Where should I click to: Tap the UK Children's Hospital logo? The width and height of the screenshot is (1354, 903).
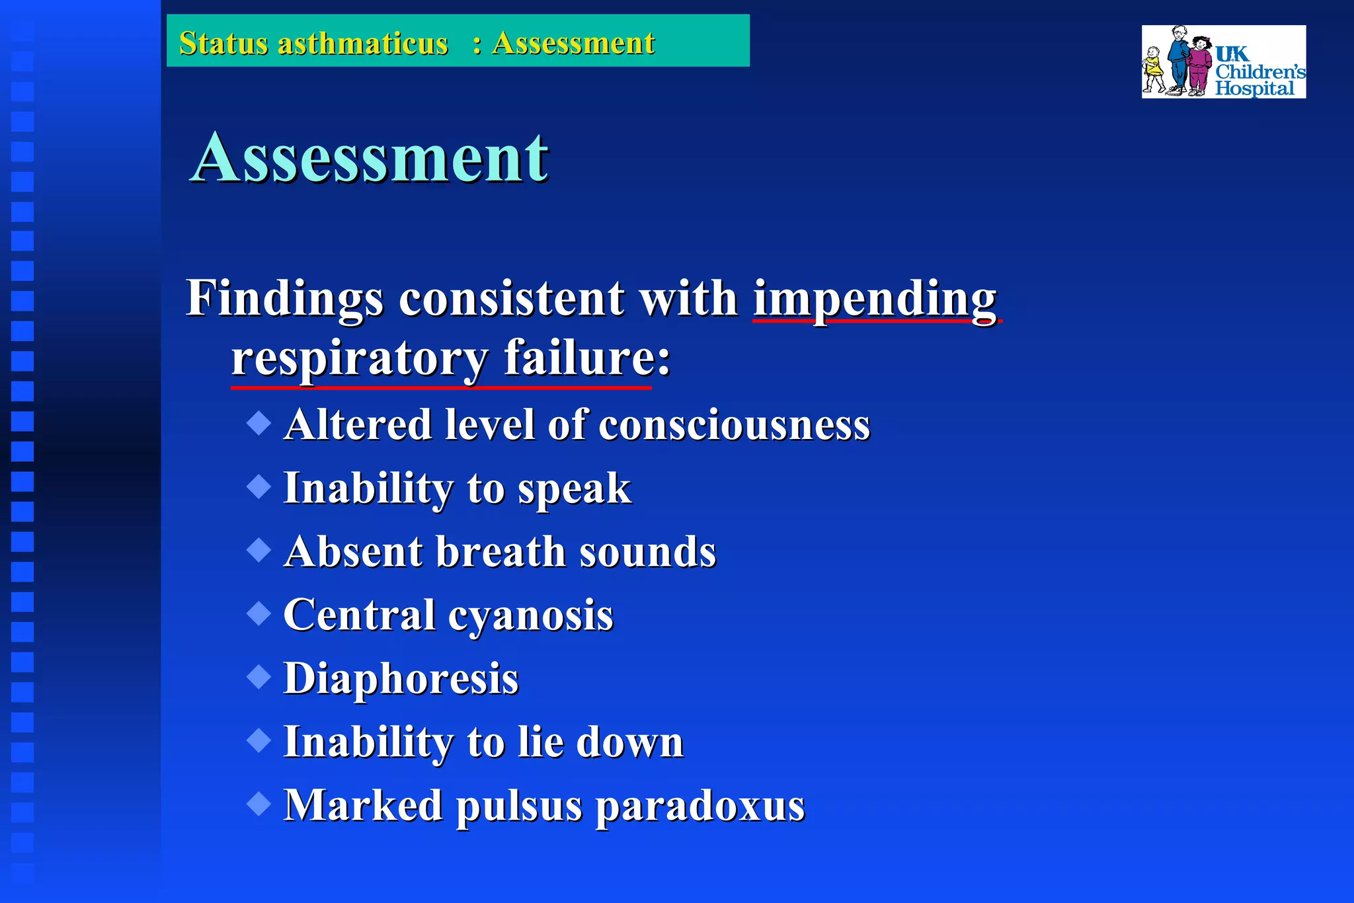[x=1223, y=62]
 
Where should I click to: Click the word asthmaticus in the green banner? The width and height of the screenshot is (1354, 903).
[x=362, y=44]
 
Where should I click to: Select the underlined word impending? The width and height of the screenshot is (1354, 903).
[x=874, y=299]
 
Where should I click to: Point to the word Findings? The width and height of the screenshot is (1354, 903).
[x=284, y=299]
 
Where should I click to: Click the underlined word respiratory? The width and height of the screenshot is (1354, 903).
[x=360, y=359]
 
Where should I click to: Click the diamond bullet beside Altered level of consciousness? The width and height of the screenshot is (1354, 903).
[x=259, y=423]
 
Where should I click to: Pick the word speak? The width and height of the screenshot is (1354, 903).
[x=574, y=489]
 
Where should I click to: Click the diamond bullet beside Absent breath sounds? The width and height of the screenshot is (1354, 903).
[x=259, y=550]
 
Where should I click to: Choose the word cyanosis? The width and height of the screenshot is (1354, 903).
[x=531, y=615]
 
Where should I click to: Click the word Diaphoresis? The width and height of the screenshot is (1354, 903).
[x=401, y=679]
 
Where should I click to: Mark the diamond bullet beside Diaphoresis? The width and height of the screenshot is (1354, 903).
[x=259, y=677]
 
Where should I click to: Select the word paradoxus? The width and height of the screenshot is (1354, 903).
[x=700, y=806]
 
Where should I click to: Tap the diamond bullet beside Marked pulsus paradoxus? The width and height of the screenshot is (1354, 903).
[x=259, y=804]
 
